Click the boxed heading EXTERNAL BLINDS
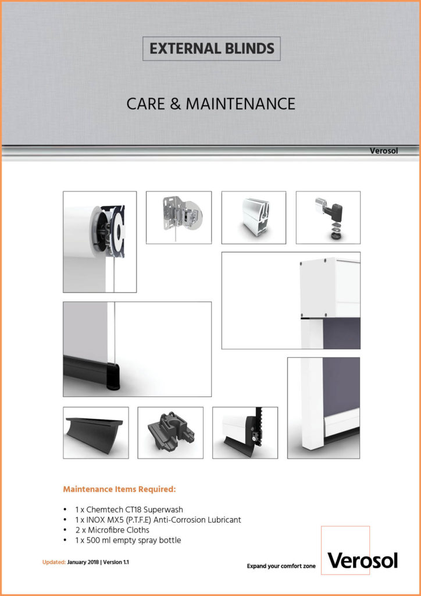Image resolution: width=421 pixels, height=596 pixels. [x=212, y=49]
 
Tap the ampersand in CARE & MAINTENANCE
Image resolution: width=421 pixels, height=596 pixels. [x=176, y=104]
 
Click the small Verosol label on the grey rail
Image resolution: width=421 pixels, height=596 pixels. [x=383, y=151]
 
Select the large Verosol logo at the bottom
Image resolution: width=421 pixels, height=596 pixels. [x=362, y=560]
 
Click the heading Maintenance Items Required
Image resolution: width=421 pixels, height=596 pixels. [x=120, y=489]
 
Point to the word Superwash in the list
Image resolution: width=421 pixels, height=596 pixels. [x=167, y=509]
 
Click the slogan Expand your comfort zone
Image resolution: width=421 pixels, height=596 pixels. [x=281, y=566]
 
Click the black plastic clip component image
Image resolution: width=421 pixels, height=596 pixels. [x=170, y=432]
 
